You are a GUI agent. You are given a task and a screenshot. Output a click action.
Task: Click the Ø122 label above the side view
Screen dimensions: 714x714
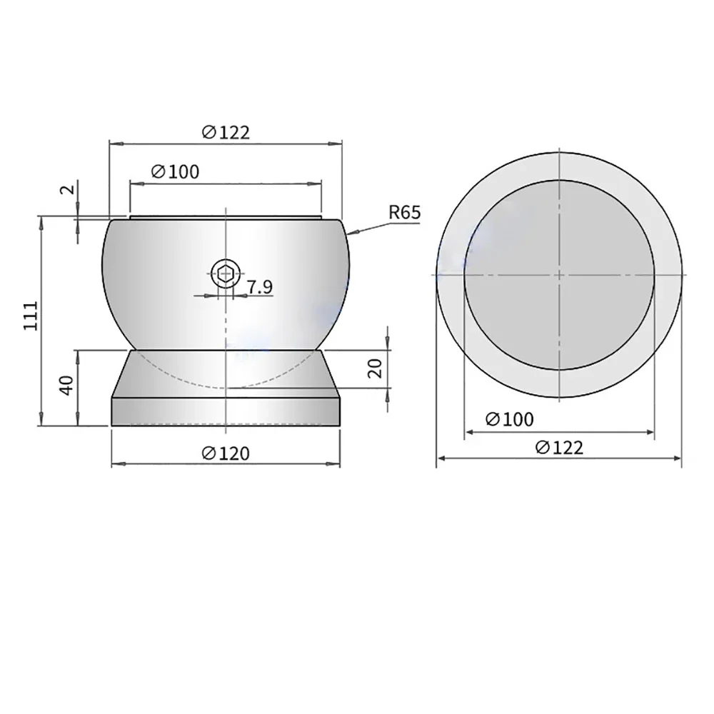tap(226, 132)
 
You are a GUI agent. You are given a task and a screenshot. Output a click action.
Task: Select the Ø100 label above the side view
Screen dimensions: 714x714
tap(176, 171)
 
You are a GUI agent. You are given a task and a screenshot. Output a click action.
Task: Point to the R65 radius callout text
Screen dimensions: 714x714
tap(405, 212)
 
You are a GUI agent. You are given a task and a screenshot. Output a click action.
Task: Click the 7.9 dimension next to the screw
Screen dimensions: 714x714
tap(259, 288)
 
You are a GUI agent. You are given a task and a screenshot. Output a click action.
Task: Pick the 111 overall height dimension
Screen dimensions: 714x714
tap(29, 315)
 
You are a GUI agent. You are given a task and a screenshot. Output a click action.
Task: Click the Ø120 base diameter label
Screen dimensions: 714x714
tap(226, 453)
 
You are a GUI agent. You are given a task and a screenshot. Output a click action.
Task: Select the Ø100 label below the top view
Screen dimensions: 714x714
tap(509, 419)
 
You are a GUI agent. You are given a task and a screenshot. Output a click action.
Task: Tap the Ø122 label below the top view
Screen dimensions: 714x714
tap(559, 448)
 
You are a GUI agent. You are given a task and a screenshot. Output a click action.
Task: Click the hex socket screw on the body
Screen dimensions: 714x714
tap(226, 272)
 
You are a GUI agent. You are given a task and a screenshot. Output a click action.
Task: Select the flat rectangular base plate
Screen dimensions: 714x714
tap(226, 412)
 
